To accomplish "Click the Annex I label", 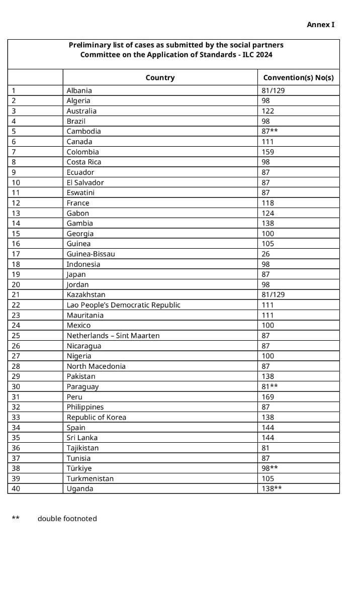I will click(x=320, y=24).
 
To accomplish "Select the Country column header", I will click(x=160, y=78).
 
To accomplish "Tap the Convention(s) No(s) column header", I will click(x=298, y=78).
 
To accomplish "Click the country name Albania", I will click(x=79, y=91).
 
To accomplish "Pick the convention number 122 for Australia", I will click(x=268, y=111).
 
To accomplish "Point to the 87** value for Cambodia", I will click(x=270, y=132).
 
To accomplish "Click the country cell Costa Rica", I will click(x=84, y=162).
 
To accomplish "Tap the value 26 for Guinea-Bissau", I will click(x=266, y=254).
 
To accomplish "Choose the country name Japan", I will click(x=76, y=275).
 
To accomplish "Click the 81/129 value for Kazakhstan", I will click(x=273, y=295).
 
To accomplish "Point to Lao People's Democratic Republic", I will click(x=123, y=305).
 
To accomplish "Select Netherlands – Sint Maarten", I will click(x=113, y=336).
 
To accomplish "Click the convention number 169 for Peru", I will click(x=268, y=397).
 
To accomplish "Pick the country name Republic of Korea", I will click(x=97, y=418).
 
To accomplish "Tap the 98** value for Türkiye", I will click(x=270, y=468).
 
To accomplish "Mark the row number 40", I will click(x=16, y=488).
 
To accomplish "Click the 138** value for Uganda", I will click(x=272, y=488).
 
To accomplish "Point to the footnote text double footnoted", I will click(x=67, y=519).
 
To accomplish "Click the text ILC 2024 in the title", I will click(x=256, y=55).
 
